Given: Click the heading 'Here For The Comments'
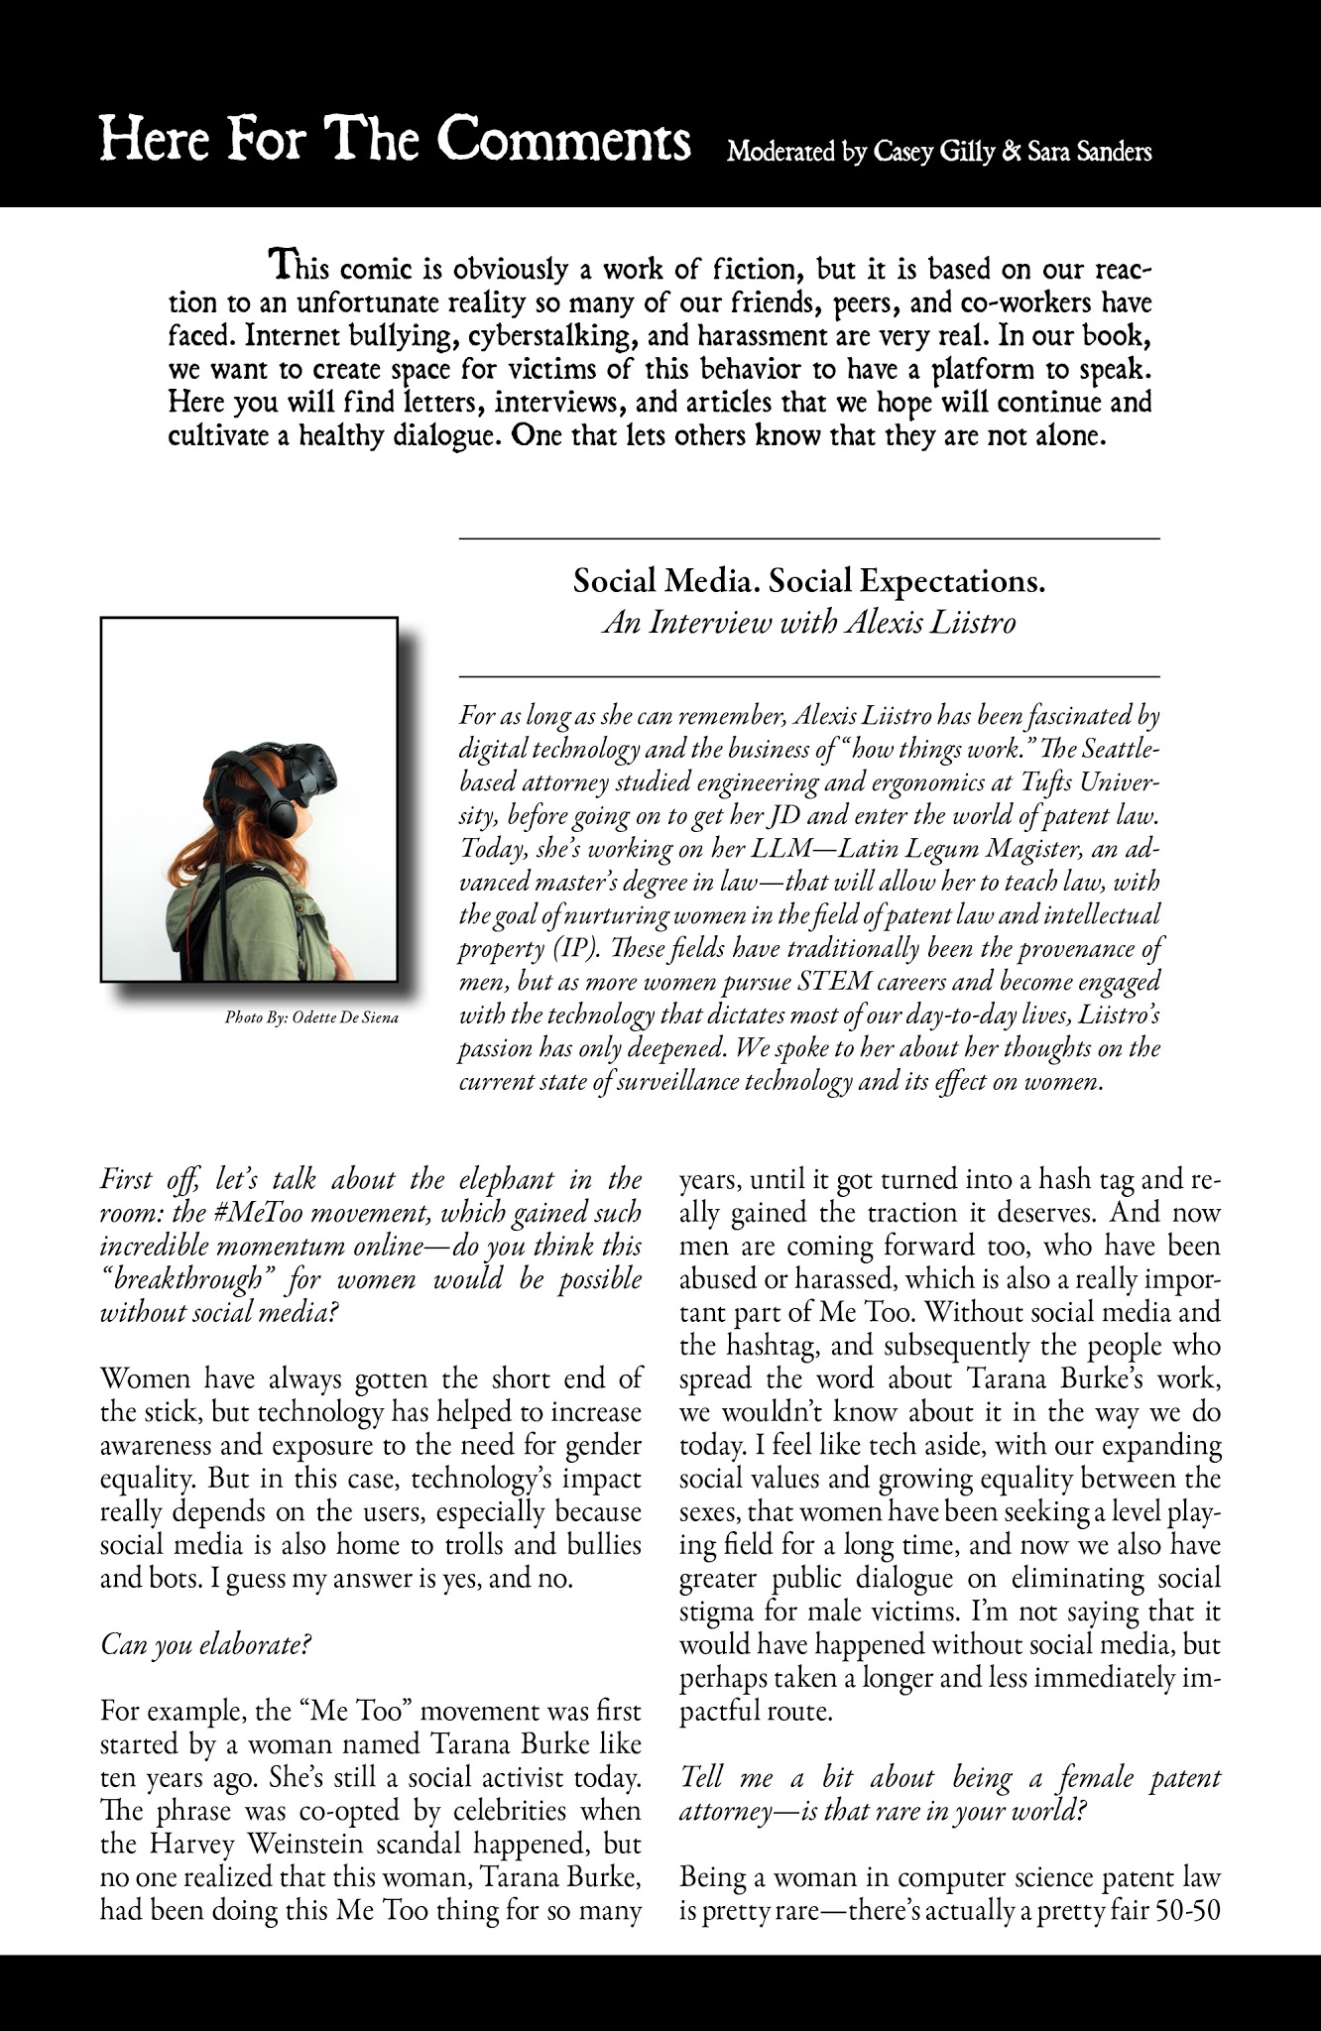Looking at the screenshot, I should pos(396,141).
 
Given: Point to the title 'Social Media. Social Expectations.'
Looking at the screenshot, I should pos(809,581).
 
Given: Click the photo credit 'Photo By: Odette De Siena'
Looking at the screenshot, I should pos(311,1017).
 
